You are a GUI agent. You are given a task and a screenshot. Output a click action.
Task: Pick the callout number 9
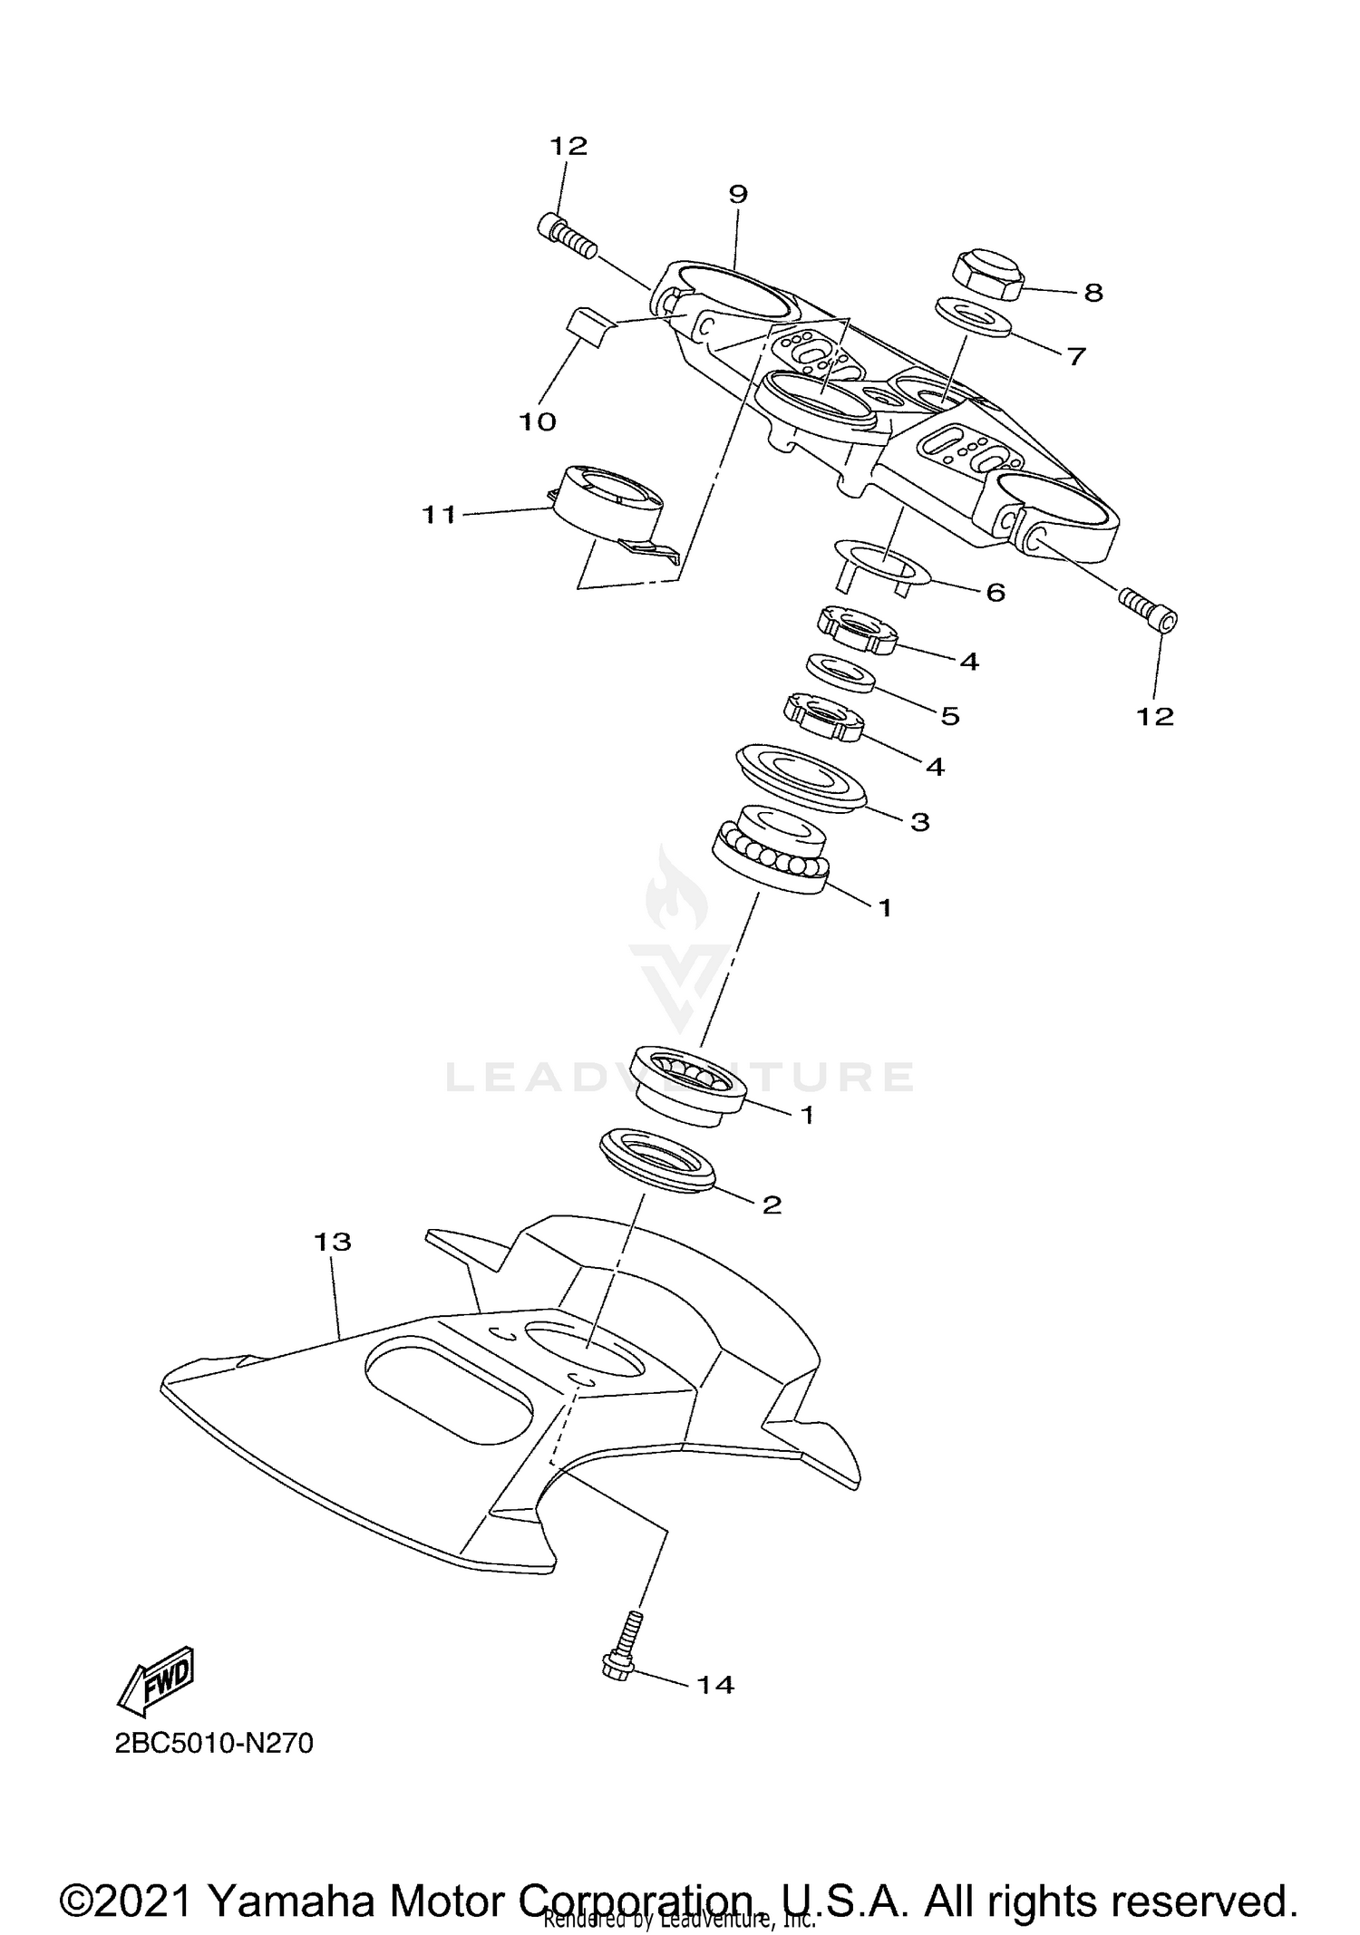pos(737,193)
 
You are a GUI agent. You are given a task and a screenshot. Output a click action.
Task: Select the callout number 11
pos(440,515)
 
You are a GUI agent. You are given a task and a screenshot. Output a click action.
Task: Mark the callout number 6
pos(995,593)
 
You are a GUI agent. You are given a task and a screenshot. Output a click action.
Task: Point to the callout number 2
pos(772,1205)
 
